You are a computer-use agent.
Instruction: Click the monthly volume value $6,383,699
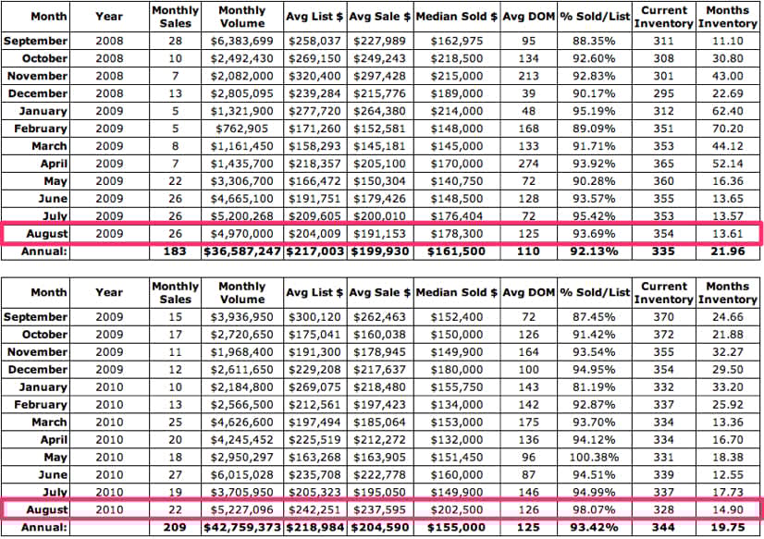tap(242, 41)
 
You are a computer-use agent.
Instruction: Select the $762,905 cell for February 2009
tap(242, 129)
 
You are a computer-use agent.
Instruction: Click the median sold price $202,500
tap(457, 508)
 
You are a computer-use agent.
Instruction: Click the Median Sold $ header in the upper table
tap(457, 17)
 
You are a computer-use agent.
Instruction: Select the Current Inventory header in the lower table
tap(664, 292)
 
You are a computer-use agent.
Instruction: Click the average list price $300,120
tap(314, 317)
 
